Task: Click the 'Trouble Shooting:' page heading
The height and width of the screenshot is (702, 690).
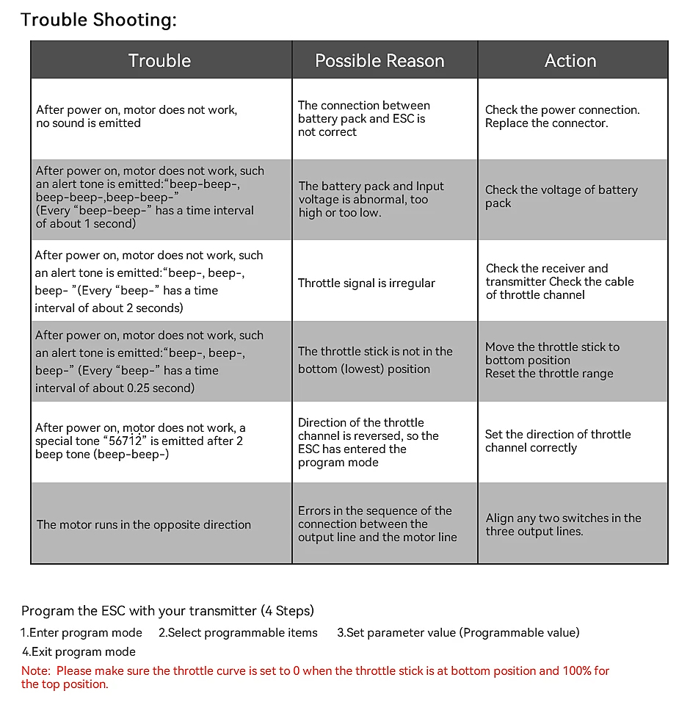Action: pyautogui.click(x=98, y=20)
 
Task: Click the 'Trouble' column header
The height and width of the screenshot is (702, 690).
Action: pyautogui.click(x=159, y=61)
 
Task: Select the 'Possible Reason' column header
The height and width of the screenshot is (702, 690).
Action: pyautogui.click(x=379, y=61)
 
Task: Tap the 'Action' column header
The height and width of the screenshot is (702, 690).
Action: pyautogui.click(x=570, y=61)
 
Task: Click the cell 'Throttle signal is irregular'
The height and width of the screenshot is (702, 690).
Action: pyautogui.click(x=366, y=283)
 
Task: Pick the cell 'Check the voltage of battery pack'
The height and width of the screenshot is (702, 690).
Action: pyautogui.click(x=561, y=197)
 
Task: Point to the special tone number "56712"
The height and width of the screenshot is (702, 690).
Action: pyautogui.click(x=126, y=441)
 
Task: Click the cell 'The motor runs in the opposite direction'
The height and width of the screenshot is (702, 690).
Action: pyautogui.click(x=144, y=525)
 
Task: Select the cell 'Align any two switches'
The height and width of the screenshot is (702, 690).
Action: pyautogui.click(x=563, y=524)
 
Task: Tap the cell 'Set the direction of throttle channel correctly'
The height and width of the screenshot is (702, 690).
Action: pyautogui.click(x=558, y=441)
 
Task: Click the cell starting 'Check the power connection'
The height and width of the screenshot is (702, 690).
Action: pyautogui.click(x=562, y=117)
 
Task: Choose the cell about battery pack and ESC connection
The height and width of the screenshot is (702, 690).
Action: pyautogui.click(x=363, y=119)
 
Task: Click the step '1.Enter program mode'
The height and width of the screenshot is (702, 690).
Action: pyautogui.click(x=81, y=633)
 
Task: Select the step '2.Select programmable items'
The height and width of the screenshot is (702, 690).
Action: pyautogui.click(x=239, y=633)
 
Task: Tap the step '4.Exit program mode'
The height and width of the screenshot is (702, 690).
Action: pyautogui.click(x=79, y=652)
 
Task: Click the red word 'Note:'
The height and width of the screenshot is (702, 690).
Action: pyautogui.click(x=35, y=671)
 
